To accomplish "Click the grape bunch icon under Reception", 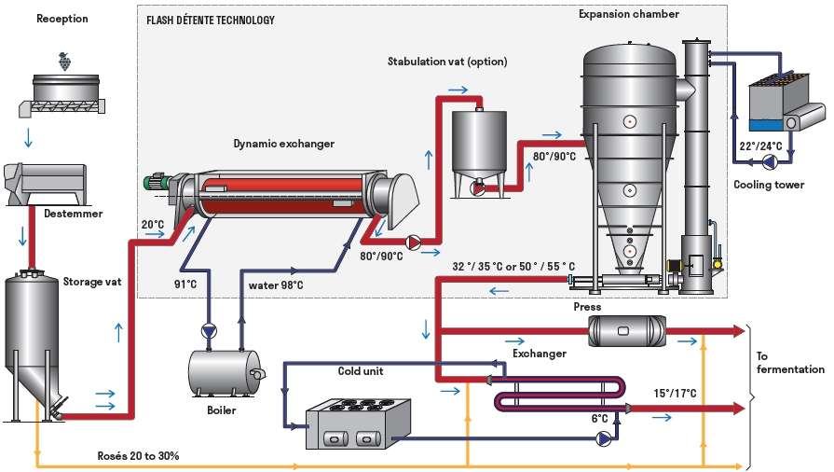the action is coord(64,61).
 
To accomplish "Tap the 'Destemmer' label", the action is coord(74,214).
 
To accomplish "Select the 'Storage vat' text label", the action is coord(92,282).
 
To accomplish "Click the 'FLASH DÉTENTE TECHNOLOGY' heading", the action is coord(211,21).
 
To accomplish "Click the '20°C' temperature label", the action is coord(153,224).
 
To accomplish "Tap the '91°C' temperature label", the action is coord(185,285).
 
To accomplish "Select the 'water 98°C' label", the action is coord(276,285).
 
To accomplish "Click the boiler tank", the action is coord(226,373).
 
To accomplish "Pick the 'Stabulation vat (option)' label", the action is coord(447,62).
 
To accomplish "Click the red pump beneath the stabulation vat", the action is coord(478,187).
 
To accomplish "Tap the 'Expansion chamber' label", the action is coord(629,14).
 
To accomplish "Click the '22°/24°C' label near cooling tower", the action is coord(760,146).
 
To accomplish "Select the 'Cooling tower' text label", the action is coord(769,185).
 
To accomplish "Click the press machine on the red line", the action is coord(626,331).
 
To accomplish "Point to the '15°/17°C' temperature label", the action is coord(675,394).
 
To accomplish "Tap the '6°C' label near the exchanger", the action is coord(599,419).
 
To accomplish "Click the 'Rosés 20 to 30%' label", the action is coord(138,456).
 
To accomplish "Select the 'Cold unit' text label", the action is coord(361,371).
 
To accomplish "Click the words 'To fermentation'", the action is coord(790,363).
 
